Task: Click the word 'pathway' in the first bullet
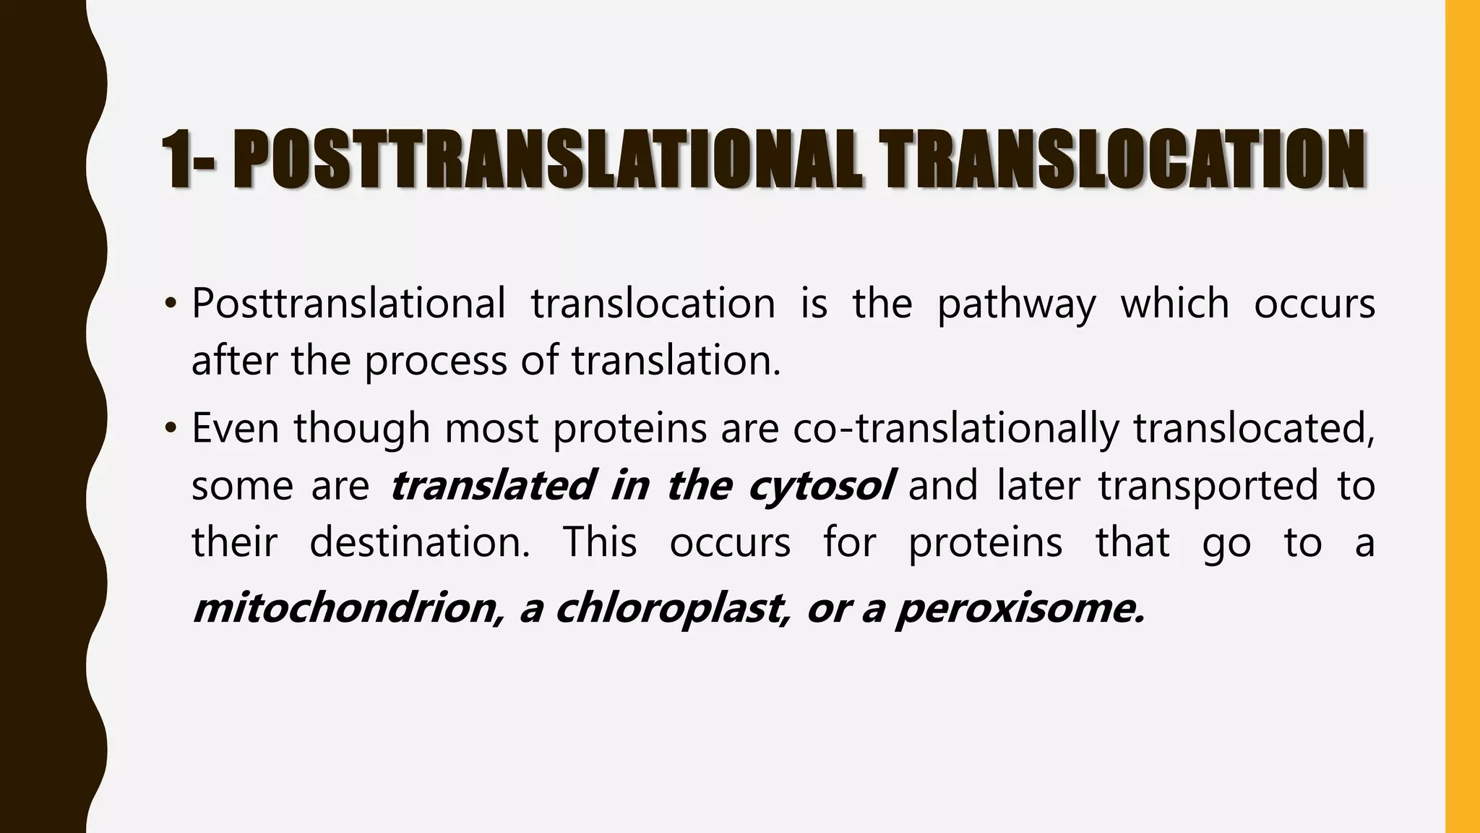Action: [1016, 304]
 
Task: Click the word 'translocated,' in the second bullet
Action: [1254, 428]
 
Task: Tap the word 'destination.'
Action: [420, 542]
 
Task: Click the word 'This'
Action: [600, 542]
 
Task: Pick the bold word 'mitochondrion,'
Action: [348, 608]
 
